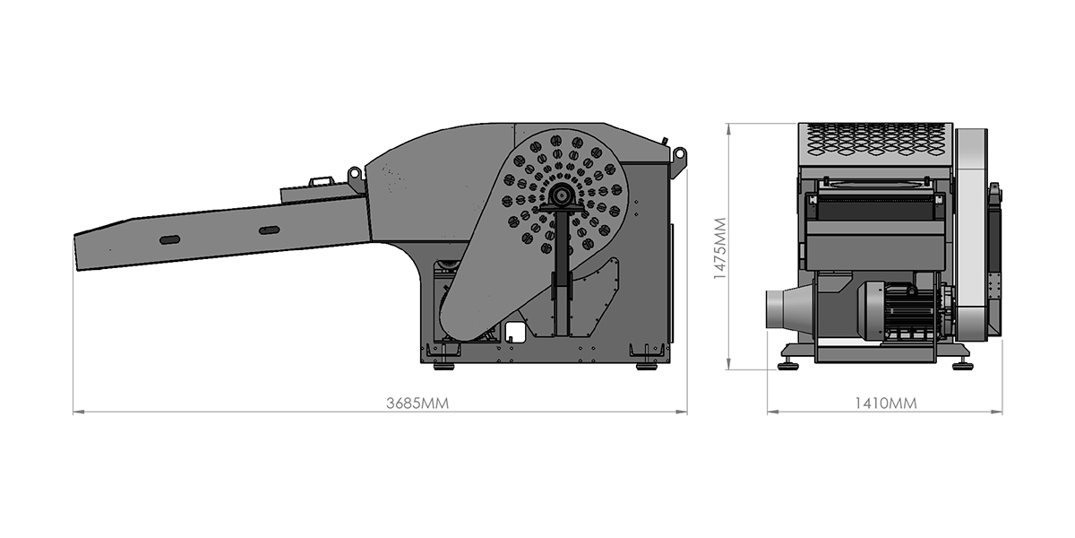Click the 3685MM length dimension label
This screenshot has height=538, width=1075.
tap(417, 403)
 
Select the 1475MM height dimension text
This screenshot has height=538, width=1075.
tap(720, 248)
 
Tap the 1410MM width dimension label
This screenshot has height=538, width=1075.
tap(885, 403)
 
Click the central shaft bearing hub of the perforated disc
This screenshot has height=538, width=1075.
tap(559, 196)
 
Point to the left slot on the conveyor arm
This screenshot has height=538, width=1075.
tap(169, 239)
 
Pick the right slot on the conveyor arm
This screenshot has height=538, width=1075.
tap(270, 230)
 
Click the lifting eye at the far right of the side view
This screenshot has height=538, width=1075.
tap(679, 157)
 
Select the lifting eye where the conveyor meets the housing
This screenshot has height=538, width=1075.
tap(355, 173)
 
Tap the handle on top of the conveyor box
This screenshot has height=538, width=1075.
tap(322, 181)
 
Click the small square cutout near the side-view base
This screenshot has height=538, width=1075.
tap(515, 332)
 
